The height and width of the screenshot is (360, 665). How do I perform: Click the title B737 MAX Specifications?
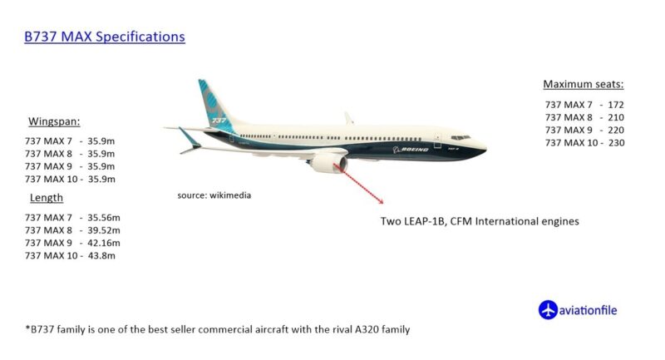[105, 37]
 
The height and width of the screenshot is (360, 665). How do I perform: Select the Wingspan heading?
[54, 121]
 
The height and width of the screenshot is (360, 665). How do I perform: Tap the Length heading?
[47, 198]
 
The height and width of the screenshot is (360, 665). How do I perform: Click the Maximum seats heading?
[584, 84]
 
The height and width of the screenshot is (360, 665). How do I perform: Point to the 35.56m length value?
[104, 218]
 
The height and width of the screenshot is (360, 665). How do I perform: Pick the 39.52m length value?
[104, 230]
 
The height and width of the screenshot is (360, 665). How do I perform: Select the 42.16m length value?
[104, 243]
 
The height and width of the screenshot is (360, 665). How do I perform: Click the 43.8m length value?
[101, 256]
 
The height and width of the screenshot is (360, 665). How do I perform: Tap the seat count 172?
[616, 105]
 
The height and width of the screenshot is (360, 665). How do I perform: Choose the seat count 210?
[616, 117]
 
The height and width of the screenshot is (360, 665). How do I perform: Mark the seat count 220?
[616, 131]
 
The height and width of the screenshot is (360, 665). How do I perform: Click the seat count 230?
[616, 143]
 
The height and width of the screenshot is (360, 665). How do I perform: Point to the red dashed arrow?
[359, 184]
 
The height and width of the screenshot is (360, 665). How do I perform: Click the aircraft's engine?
[328, 164]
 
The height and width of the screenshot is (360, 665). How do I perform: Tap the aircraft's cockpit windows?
[461, 137]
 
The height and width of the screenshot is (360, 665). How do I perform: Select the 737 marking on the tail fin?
[219, 121]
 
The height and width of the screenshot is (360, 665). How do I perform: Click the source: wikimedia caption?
[214, 195]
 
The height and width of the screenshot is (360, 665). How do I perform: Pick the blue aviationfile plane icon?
[548, 310]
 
